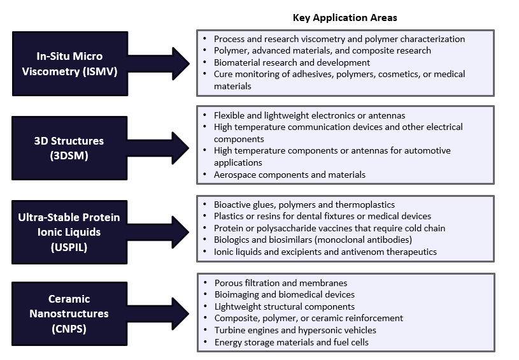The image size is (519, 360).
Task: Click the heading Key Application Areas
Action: point(345,18)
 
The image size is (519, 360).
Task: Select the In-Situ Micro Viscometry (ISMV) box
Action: point(70,64)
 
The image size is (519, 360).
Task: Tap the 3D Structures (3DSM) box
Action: point(69,148)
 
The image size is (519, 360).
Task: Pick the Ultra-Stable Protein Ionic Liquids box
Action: point(69,232)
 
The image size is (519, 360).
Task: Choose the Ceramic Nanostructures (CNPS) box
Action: point(69,313)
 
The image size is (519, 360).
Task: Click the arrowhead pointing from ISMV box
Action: point(180,64)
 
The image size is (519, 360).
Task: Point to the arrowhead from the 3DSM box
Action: point(180,148)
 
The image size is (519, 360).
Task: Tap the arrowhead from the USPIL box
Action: point(180,232)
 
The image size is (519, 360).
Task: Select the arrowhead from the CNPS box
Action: point(180,313)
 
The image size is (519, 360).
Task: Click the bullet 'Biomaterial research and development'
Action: point(292,62)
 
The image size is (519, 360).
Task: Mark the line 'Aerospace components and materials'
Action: point(290,175)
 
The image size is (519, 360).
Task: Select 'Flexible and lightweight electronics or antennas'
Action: point(309,115)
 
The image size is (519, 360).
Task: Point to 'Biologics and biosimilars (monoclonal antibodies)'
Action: point(313,240)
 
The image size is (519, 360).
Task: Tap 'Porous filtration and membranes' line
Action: point(281,283)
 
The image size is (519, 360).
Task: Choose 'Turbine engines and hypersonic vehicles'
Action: point(295,330)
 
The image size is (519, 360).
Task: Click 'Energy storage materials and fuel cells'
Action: point(291,342)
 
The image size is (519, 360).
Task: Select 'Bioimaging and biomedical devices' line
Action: point(284,294)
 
